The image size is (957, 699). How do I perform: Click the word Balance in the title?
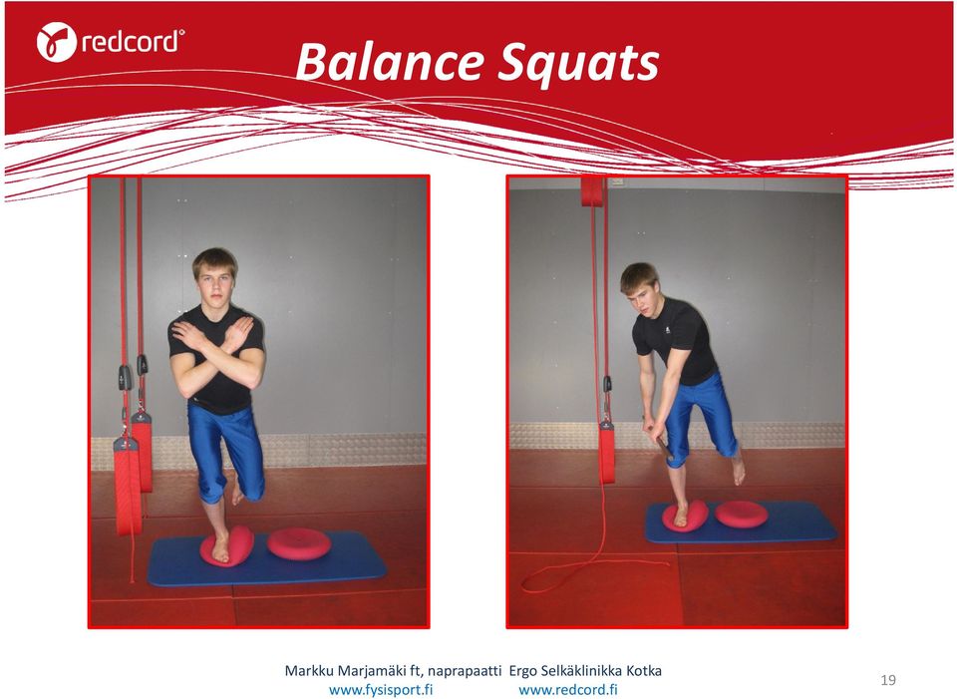(x=390, y=62)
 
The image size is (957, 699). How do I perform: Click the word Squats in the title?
(x=578, y=64)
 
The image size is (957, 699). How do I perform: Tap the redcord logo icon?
(x=56, y=42)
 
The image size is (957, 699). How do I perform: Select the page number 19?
(x=888, y=680)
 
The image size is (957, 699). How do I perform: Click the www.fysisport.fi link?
(x=381, y=690)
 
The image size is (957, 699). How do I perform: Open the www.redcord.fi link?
(x=568, y=690)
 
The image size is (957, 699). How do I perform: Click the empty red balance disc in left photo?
(x=299, y=543)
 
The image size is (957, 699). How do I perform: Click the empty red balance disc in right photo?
(x=742, y=514)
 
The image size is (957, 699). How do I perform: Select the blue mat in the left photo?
(x=267, y=558)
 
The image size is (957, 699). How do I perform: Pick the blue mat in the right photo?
(x=741, y=522)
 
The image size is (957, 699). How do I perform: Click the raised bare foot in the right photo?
(x=739, y=469)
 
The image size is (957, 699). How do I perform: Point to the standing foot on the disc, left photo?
(x=220, y=547)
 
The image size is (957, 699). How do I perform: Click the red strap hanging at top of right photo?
(x=591, y=191)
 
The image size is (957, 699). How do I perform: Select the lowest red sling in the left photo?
(x=128, y=486)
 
